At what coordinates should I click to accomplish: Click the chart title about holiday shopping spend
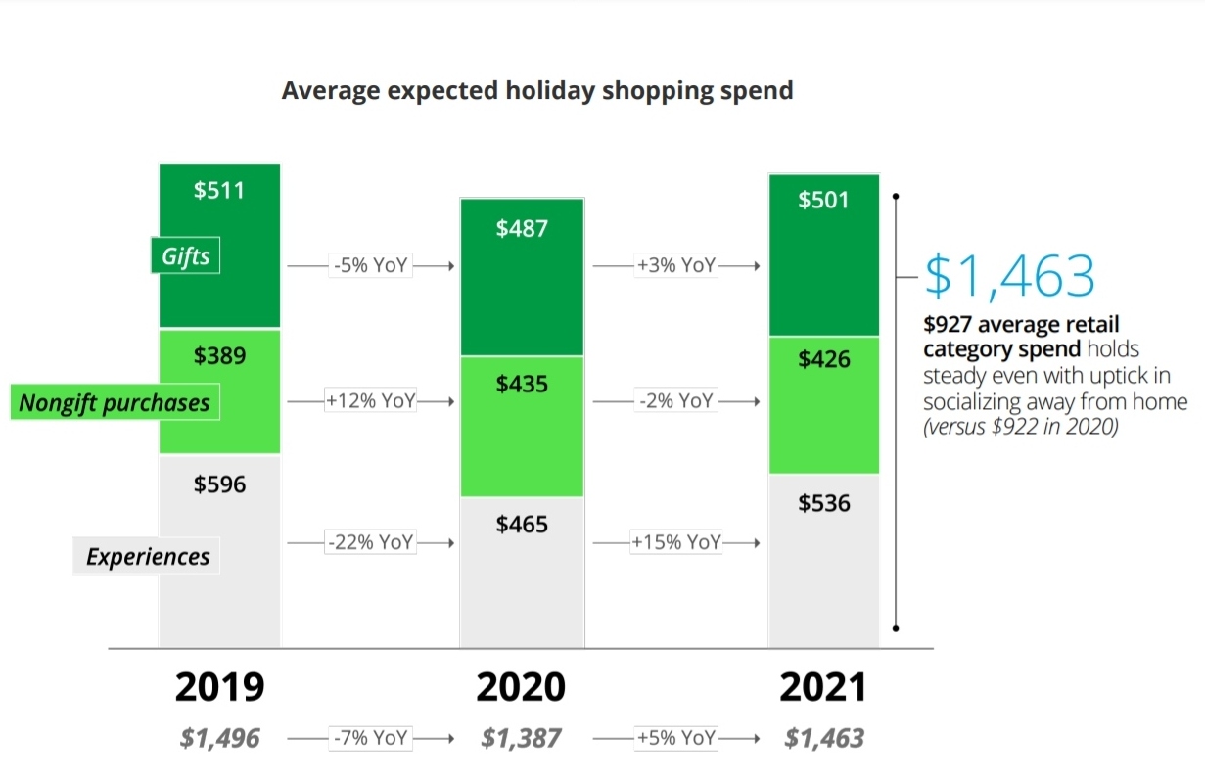tap(537, 91)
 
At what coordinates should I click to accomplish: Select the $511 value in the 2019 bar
tap(219, 190)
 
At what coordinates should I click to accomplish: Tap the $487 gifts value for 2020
tap(522, 229)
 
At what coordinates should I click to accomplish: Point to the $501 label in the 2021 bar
tap(823, 201)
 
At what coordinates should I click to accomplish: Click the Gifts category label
tap(185, 256)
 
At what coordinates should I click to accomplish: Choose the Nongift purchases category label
tap(115, 403)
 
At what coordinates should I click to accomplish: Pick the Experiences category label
tap(148, 557)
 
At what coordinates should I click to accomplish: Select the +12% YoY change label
tap(371, 401)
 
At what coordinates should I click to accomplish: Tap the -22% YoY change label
tap(370, 542)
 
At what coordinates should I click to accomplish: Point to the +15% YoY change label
tap(676, 542)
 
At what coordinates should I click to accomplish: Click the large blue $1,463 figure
tap(1009, 276)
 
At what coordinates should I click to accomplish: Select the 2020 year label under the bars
tap(521, 688)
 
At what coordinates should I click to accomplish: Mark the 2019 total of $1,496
tap(220, 738)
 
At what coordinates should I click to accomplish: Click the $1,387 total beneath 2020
tap(522, 738)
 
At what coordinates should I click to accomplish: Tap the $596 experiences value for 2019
tap(219, 484)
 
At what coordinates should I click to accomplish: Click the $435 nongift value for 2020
tap(522, 385)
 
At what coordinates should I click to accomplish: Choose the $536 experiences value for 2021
tap(823, 504)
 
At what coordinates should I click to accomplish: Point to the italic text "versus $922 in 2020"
tap(1020, 427)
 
